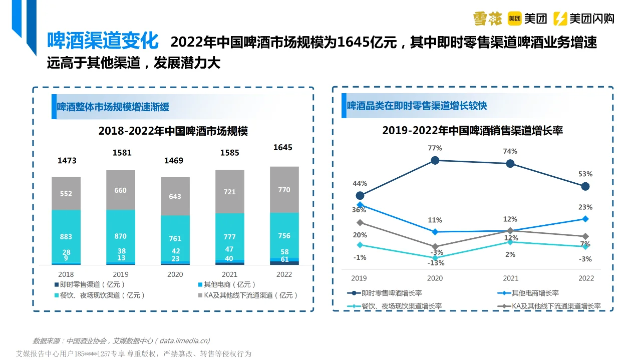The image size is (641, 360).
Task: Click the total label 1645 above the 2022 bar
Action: coord(282,148)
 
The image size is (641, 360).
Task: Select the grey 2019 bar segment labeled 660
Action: coord(121,190)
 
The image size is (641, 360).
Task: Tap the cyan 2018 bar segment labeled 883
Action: coord(66,236)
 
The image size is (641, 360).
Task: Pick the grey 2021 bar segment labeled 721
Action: coord(230,192)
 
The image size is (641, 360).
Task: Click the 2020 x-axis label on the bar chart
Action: coord(175,274)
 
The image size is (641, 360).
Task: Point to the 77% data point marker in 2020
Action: coord(435,160)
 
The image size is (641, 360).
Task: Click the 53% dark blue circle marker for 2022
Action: coord(585,186)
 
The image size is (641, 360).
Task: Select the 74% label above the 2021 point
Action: coord(510,151)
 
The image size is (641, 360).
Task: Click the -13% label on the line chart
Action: coord(436,263)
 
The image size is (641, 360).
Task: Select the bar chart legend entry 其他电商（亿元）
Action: coord(226,284)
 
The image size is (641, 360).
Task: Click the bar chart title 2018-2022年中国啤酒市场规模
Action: coord(173,131)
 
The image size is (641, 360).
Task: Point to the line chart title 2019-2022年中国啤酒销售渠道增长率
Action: coord(472,131)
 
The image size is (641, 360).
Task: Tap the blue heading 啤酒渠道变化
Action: coord(103,41)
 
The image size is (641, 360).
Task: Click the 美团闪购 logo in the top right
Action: coord(584,19)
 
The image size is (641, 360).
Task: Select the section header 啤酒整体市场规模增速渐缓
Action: coord(113,107)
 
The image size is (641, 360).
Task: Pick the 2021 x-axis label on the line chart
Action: coord(510,278)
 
